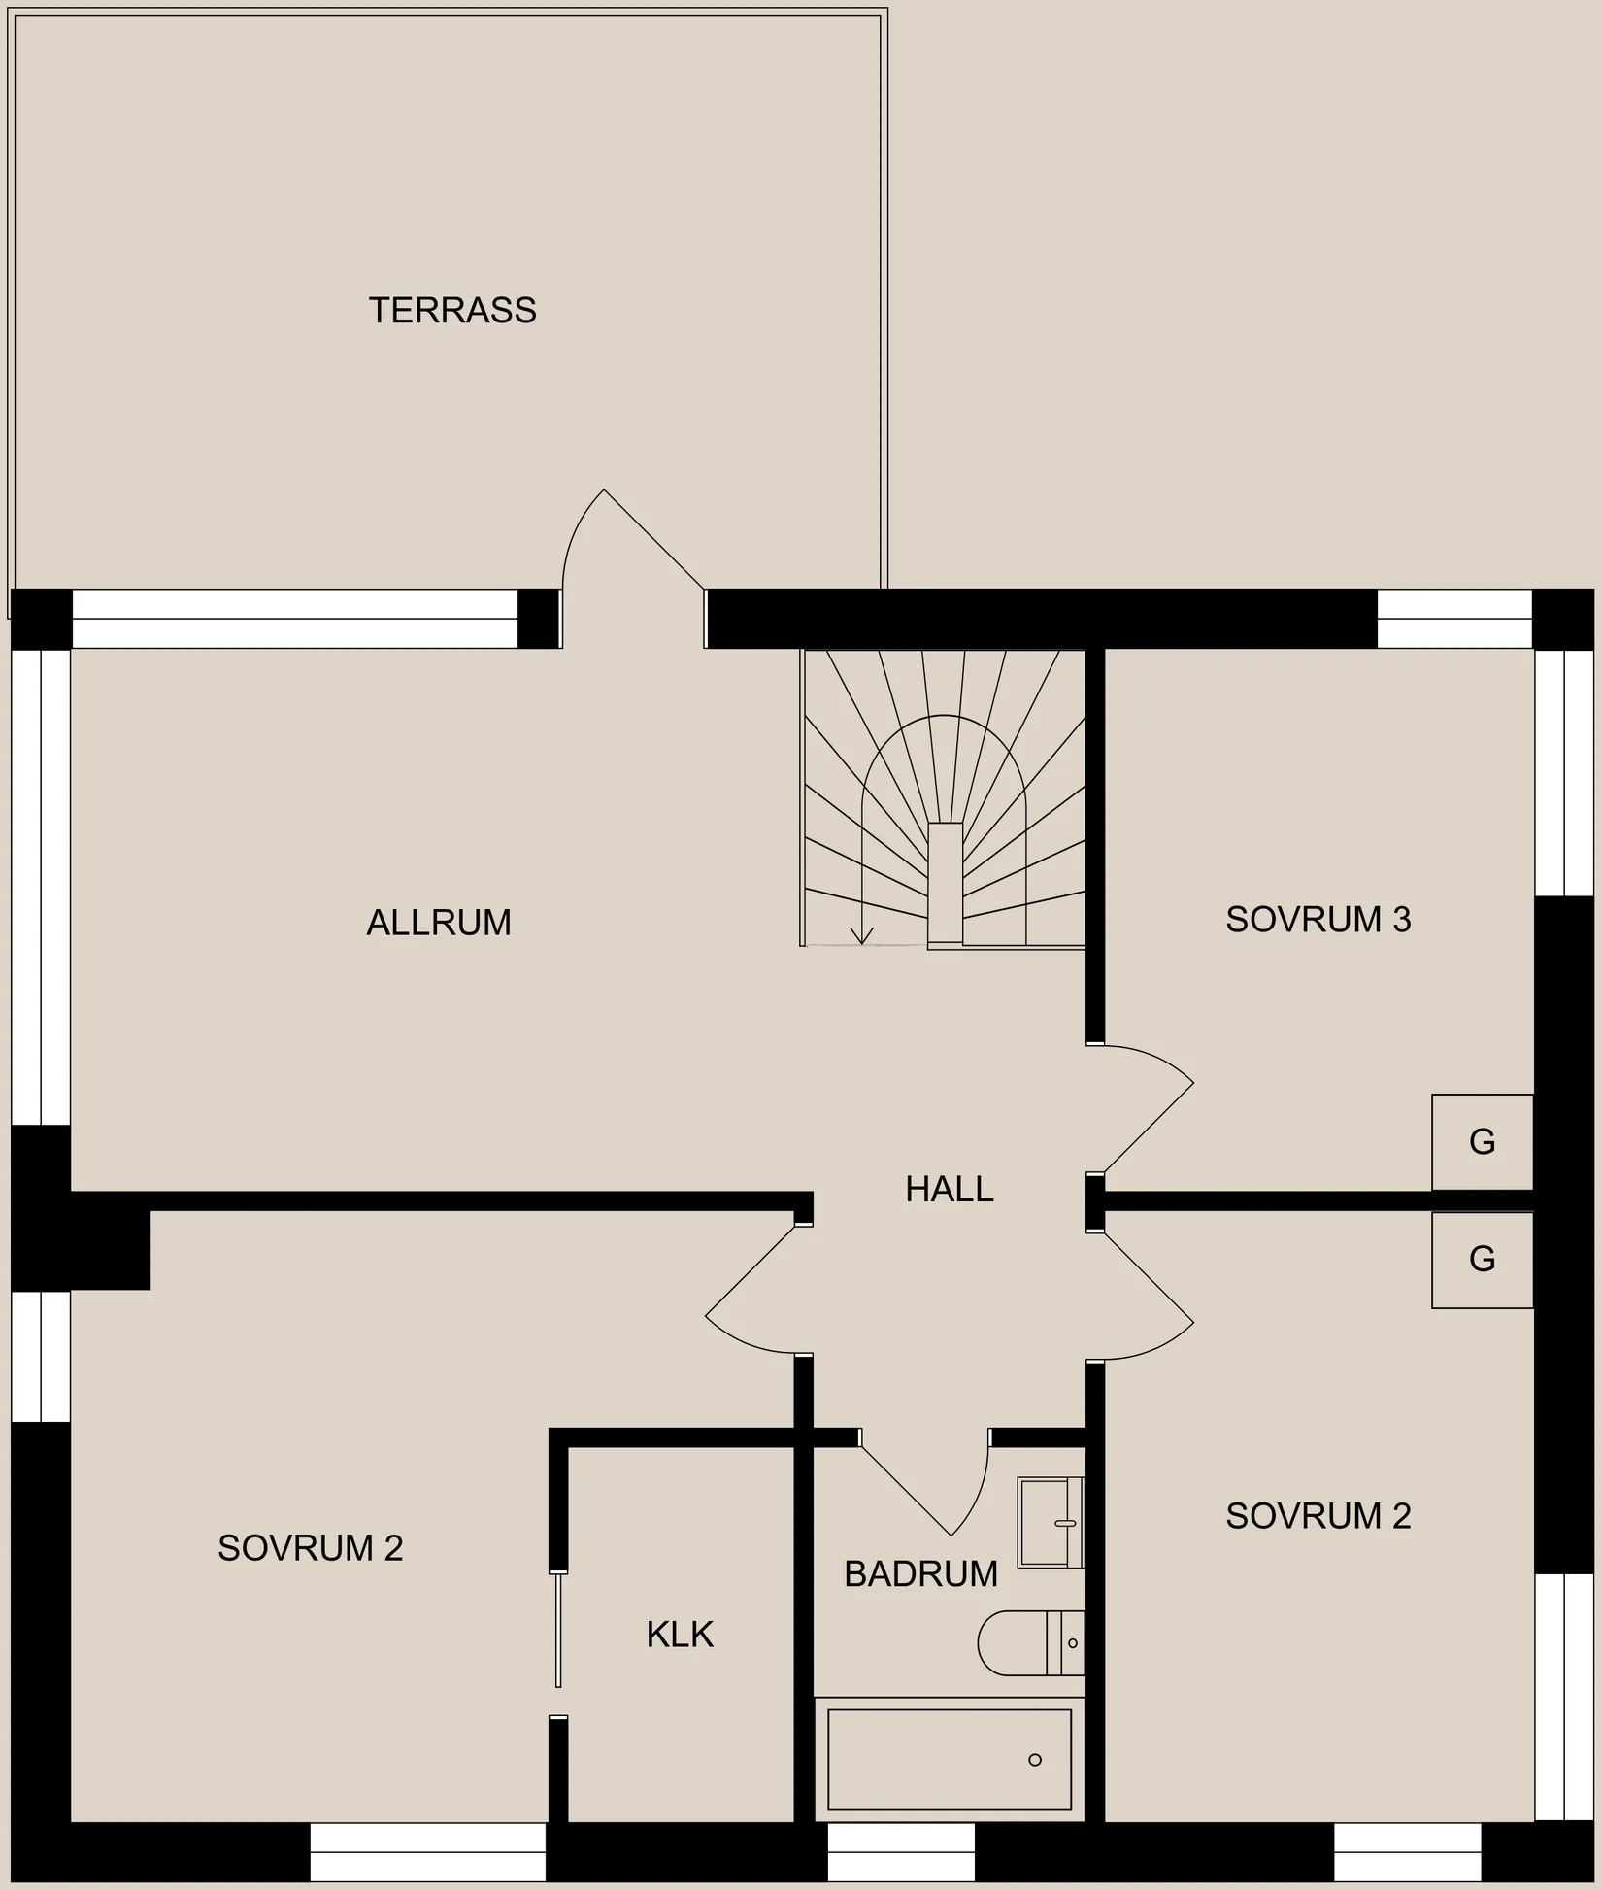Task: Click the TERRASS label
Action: pyautogui.click(x=452, y=311)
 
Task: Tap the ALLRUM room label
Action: pyautogui.click(x=439, y=923)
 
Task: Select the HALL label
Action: pyautogui.click(x=949, y=1190)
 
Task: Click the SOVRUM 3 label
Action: pyautogui.click(x=1318, y=920)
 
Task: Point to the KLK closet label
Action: pyautogui.click(x=680, y=1636)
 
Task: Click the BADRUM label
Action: pyautogui.click(x=920, y=1574)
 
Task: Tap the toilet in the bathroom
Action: pyautogui.click(x=1029, y=1643)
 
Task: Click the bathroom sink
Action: pyautogui.click(x=1050, y=1523)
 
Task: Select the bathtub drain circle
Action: pyautogui.click(x=1035, y=1760)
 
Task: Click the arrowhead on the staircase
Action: pyautogui.click(x=861, y=936)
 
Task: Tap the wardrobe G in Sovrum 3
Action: pyautogui.click(x=1482, y=1142)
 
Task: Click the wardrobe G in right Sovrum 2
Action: pyautogui.click(x=1482, y=1260)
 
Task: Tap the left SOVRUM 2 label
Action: pyautogui.click(x=310, y=1548)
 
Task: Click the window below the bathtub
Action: pyautogui.click(x=900, y=1851)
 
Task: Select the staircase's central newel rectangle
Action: pyautogui.click(x=945, y=882)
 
